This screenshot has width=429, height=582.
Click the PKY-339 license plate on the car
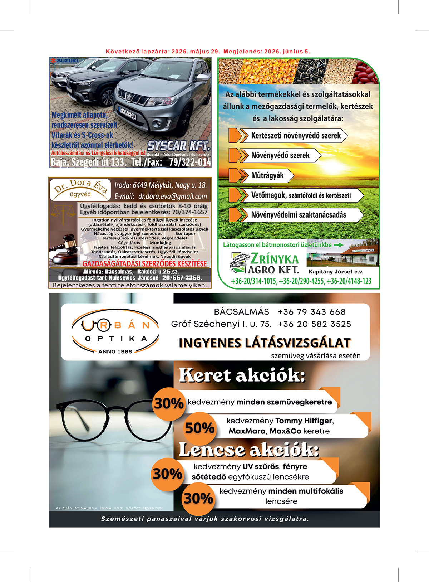tap(128, 113)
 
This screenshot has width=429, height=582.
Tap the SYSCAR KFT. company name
tap(178, 146)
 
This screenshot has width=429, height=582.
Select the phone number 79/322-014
tap(190, 163)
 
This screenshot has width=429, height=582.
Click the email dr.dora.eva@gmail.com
tap(172, 196)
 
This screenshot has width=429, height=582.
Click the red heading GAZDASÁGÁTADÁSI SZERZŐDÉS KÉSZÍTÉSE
tap(144, 263)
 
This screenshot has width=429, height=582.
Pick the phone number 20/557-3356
tap(182, 278)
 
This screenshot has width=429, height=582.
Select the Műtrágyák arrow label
tap(267, 175)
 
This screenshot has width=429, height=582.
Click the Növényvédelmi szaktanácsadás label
tap(299, 215)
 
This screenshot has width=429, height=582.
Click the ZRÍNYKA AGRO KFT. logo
tap(264, 263)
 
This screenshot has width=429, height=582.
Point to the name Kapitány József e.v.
tap(336, 272)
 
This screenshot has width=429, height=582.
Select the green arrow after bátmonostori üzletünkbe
tap(338, 245)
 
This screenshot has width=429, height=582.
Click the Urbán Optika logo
tap(115, 331)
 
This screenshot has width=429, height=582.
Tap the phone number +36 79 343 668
tap(311, 312)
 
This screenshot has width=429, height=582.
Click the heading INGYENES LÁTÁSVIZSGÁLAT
tap(265, 343)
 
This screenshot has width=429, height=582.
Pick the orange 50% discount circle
tap(199, 427)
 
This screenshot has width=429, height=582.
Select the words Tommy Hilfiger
tap(304, 421)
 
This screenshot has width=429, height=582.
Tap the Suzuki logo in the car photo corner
tap(64, 60)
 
